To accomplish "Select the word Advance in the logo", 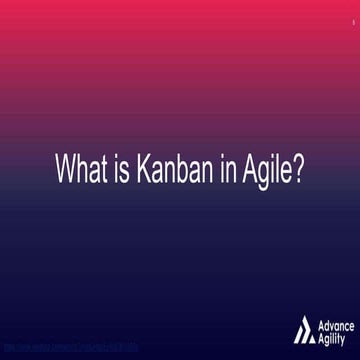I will [335, 322].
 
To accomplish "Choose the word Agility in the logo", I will [333, 336].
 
